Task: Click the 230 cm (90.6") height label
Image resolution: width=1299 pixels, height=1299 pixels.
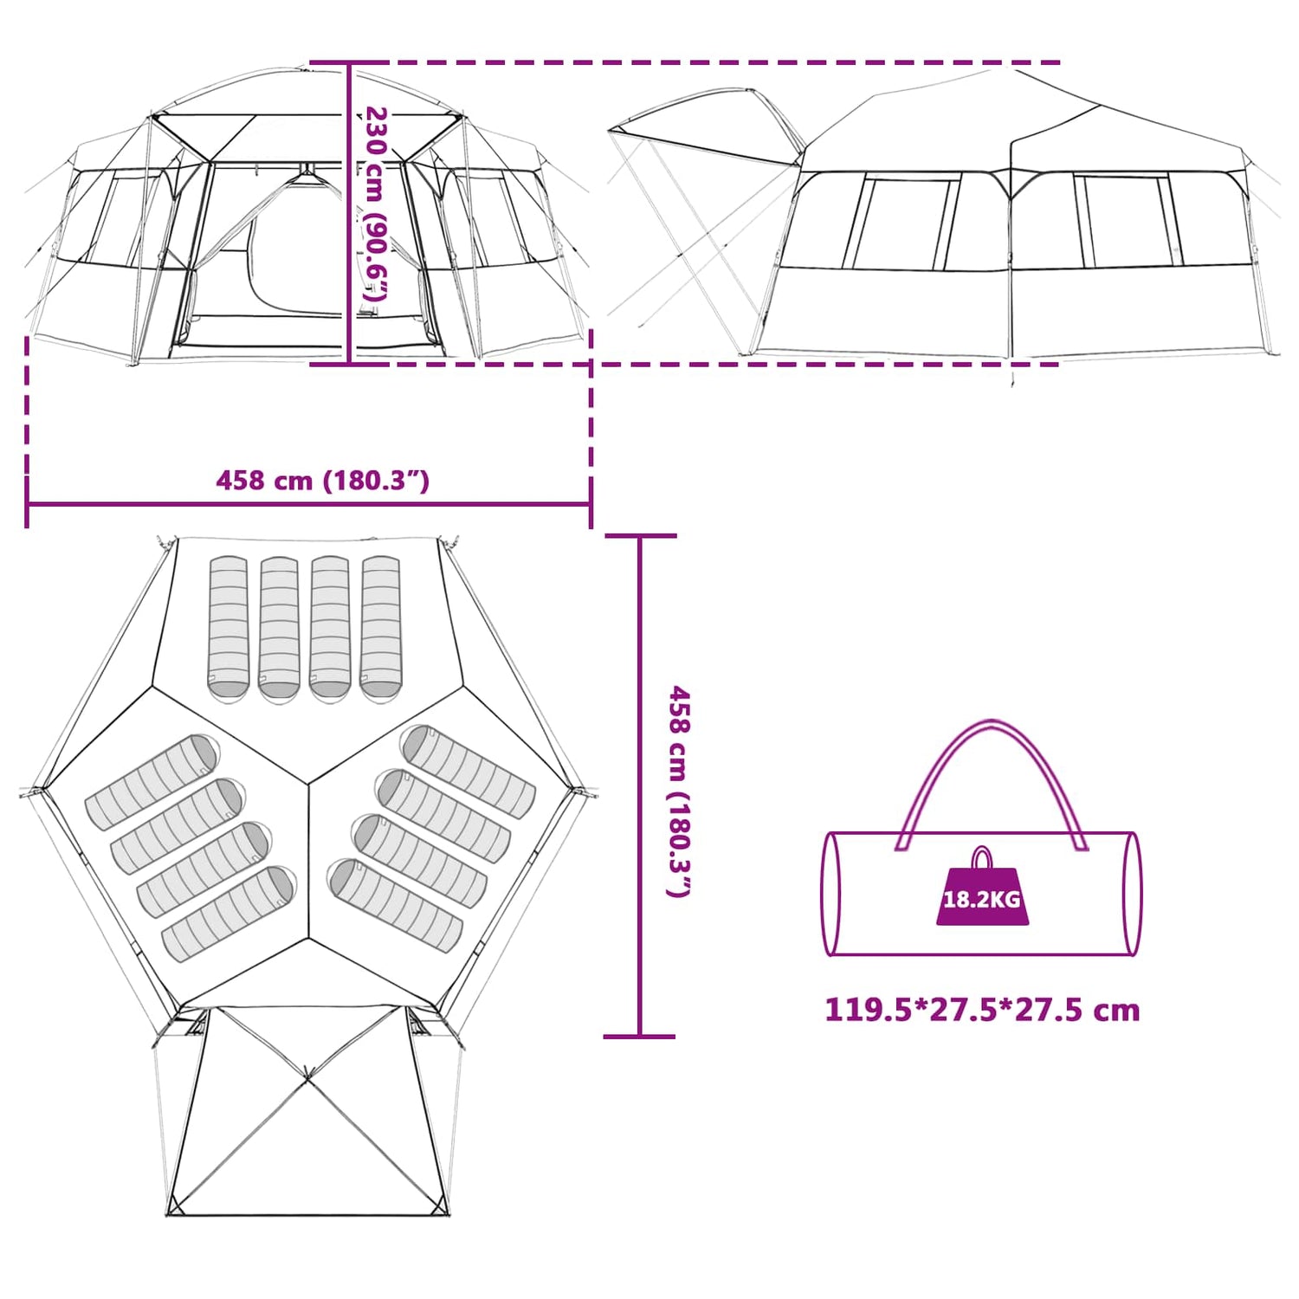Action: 376,204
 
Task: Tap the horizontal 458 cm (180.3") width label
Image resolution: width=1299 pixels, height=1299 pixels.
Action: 322,480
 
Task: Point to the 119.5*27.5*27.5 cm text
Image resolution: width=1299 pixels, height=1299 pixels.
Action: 982,1010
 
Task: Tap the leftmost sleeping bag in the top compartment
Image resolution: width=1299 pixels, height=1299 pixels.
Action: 229,629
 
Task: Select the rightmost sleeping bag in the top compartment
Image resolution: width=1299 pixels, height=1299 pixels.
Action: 381,629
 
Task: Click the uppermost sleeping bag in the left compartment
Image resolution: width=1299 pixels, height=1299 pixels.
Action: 152,782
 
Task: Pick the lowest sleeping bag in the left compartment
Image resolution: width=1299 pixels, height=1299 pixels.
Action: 229,914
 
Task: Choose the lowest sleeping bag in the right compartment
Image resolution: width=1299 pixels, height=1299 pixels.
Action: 396,905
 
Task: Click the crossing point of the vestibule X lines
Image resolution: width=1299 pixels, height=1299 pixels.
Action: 307,1079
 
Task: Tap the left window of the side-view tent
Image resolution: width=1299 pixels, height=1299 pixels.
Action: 902,222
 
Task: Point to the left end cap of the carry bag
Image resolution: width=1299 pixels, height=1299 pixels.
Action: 830,894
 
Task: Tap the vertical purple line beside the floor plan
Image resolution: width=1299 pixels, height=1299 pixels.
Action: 639,785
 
